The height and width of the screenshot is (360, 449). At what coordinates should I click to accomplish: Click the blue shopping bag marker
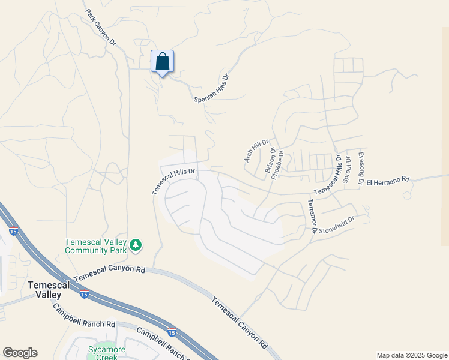pos(162,62)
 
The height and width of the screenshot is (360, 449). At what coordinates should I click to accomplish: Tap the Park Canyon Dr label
pos(100,28)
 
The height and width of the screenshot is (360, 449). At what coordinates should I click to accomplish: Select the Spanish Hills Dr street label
pos(212,88)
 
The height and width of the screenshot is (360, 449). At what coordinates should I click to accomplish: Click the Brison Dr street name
pos(268,161)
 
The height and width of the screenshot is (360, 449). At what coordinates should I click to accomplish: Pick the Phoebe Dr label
pos(277,164)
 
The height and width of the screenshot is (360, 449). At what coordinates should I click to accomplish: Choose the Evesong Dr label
pos(361,169)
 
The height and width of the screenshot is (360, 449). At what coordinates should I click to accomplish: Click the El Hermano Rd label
pos(387,179)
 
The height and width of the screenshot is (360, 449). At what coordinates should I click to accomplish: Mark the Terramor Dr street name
pos(313,217)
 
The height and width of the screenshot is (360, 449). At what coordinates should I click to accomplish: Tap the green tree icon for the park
pos(136,244)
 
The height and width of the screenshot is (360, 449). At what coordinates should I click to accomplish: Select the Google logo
pos(20,353)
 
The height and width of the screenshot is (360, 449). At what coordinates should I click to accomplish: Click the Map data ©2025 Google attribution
pos(412,355)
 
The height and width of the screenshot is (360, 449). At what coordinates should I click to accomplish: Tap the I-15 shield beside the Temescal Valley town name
pos(84,295)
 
